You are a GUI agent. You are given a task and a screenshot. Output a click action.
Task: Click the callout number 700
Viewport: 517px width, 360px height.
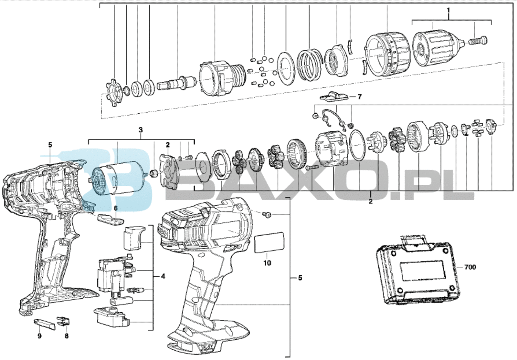coord(470,267)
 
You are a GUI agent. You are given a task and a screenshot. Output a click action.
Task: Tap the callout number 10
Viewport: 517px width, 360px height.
coord(267,263)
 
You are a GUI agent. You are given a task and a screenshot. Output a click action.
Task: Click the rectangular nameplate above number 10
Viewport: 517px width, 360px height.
coord(269,242)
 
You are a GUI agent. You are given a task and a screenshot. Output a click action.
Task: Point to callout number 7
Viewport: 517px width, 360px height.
coord(359,97)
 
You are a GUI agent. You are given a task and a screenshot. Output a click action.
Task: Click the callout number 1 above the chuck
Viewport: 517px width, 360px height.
coord(448,10)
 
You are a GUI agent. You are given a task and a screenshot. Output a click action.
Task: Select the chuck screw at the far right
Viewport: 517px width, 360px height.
coord(478,42)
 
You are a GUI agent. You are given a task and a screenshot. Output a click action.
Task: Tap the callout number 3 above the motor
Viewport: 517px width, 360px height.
coord(141,130)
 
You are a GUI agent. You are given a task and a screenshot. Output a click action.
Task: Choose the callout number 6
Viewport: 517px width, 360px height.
coord(116,208)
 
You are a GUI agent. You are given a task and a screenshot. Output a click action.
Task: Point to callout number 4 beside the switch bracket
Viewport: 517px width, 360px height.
coord(163,276)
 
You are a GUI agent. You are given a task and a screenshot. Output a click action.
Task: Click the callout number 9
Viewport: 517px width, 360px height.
coord(39,336)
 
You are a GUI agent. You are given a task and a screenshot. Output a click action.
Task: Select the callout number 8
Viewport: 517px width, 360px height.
coord(67,336)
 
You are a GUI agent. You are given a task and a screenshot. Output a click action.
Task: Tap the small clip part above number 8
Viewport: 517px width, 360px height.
coord(63,321)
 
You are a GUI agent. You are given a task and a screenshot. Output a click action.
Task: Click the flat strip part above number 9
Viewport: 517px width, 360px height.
coord(45,324)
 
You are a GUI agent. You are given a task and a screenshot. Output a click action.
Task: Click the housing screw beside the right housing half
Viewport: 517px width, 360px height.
coord(266,215)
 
